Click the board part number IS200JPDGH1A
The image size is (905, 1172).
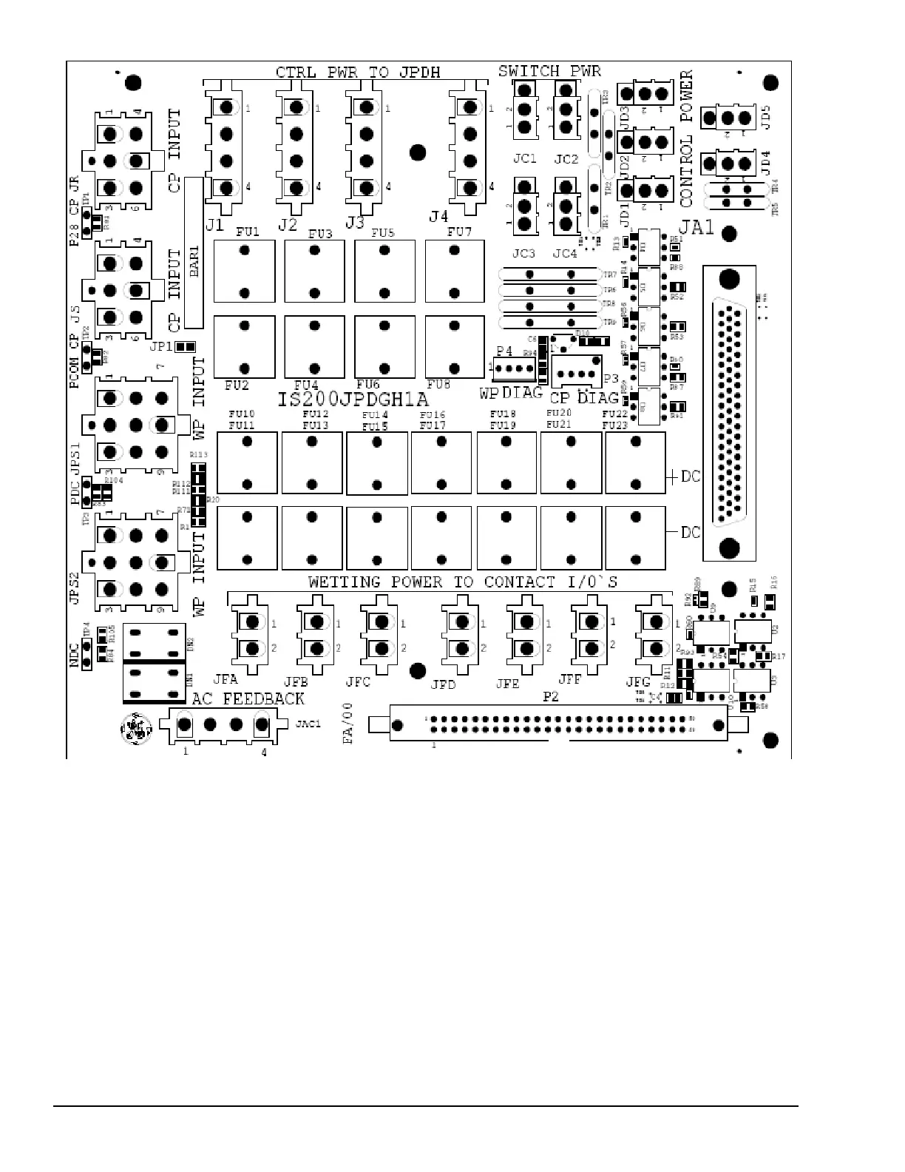pos(353,400)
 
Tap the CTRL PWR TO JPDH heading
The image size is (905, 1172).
pos(358,73)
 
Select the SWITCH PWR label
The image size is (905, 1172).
pos(549,72)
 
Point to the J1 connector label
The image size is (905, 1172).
pos(214,223)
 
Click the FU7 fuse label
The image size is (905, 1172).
pos(459,232)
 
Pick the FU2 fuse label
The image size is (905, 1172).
pos(237,385)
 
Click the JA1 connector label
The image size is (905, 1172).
pos(697,226)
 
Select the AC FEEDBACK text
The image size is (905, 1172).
pos(248,699)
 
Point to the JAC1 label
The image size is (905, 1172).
pos(308,724)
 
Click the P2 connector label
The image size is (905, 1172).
pos(551,697)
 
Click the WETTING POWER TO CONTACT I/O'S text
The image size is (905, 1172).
pos(463,582)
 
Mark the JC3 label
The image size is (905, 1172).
pos(523,254)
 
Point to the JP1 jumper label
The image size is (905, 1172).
pos(160,346)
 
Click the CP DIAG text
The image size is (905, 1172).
pos(584,398)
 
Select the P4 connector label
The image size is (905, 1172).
pos(504,351)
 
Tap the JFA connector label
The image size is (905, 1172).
pos(226,679)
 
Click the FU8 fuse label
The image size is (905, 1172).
pos(438,385)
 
